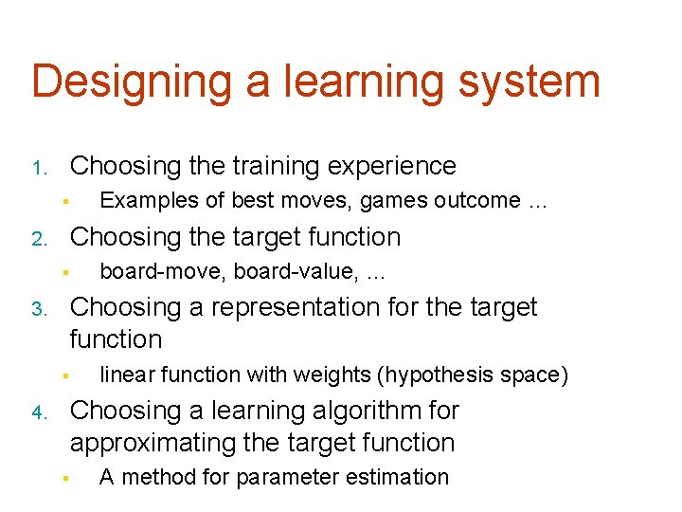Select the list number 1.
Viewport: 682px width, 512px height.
click(38, 170)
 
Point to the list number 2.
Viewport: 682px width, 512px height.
click(38, 240)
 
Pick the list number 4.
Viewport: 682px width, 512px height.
click(38, 414)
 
